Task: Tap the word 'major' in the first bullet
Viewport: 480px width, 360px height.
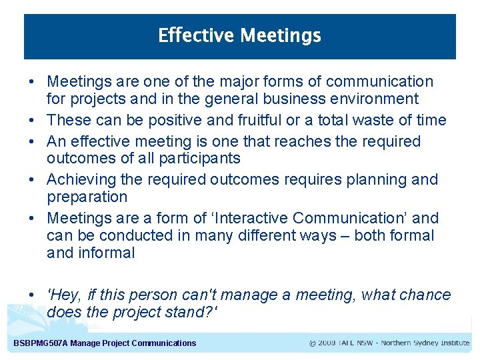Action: (x=242, y=82)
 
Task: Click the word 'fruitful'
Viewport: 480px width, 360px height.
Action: (x=247, y=121)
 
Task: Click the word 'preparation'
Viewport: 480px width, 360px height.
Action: (x=87, y=197)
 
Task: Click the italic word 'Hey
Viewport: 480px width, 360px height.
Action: (x=64, y=295)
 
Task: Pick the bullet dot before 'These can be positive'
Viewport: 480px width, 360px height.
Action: (x=32, y=121)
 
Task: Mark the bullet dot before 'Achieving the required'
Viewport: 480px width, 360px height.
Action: (x=32, y=180)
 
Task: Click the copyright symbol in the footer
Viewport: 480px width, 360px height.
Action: (x=313, y=343)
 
